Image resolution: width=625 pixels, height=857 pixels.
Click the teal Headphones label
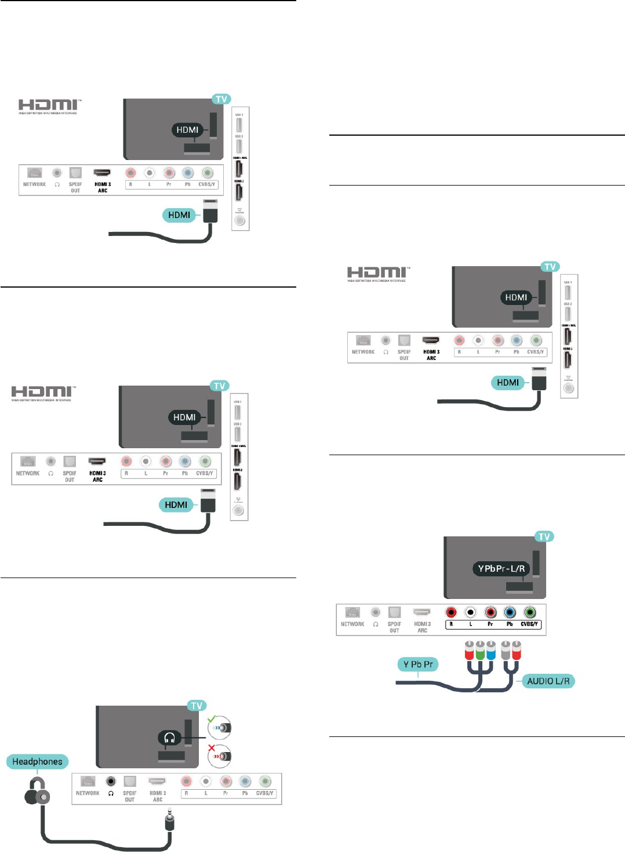tap(38, 761)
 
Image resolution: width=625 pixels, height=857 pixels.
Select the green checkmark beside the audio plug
tap(212, 719)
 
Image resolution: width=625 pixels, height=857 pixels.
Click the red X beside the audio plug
tap(212, 748)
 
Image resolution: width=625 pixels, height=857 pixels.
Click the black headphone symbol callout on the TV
tap(170, 738)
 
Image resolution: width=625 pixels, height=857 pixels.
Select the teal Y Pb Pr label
tap(418, 664)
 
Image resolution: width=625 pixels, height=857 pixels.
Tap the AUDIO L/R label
tap(548, 681)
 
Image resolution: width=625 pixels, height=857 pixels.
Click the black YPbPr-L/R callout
tap(502, 568)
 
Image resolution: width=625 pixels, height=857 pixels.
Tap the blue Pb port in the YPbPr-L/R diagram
tap(510, 612)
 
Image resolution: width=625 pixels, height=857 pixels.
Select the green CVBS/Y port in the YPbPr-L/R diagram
tap(529, 612)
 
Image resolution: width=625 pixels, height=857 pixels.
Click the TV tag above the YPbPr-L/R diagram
tap(544, 536)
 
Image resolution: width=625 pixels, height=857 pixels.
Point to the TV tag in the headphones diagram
tap(197, 706)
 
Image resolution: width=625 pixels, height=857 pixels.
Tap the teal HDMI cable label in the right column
tap(508, 382)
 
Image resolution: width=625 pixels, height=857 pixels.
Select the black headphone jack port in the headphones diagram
tap(111, 781)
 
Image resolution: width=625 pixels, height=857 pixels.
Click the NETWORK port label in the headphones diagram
tap(88, 793)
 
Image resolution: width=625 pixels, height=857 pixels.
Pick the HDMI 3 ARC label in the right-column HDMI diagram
tap(431, 355)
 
